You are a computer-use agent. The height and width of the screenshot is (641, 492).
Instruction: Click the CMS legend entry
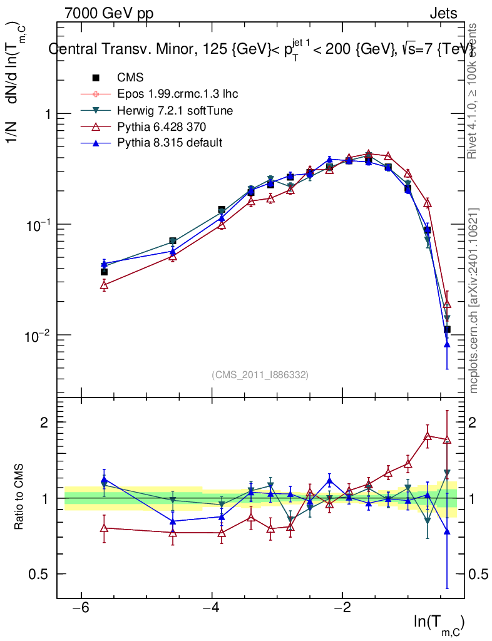(x=130, y=78)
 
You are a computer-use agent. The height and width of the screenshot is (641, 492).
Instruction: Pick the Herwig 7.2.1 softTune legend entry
(x=175, y=110)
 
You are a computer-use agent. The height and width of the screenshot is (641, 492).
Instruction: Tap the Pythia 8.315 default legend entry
(x=169, y=143)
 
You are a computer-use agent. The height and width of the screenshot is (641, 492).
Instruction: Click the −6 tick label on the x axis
(x=80, y=608)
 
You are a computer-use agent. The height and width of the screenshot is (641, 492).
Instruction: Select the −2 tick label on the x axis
(x=342, y=608)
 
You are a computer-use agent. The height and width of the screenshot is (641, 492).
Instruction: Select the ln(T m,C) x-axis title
(x=439, y=622)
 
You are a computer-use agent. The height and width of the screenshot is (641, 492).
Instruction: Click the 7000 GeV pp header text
(x=109, y=13)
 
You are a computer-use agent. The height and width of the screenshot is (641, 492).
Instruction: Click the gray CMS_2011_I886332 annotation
(x=260, y=374)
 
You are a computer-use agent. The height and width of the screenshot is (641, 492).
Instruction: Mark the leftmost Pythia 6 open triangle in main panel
(x=104, y=285)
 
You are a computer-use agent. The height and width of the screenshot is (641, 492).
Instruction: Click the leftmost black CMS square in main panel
(x=104, y=272)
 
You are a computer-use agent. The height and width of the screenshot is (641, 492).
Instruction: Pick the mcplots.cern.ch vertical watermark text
(x=474, y=300)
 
